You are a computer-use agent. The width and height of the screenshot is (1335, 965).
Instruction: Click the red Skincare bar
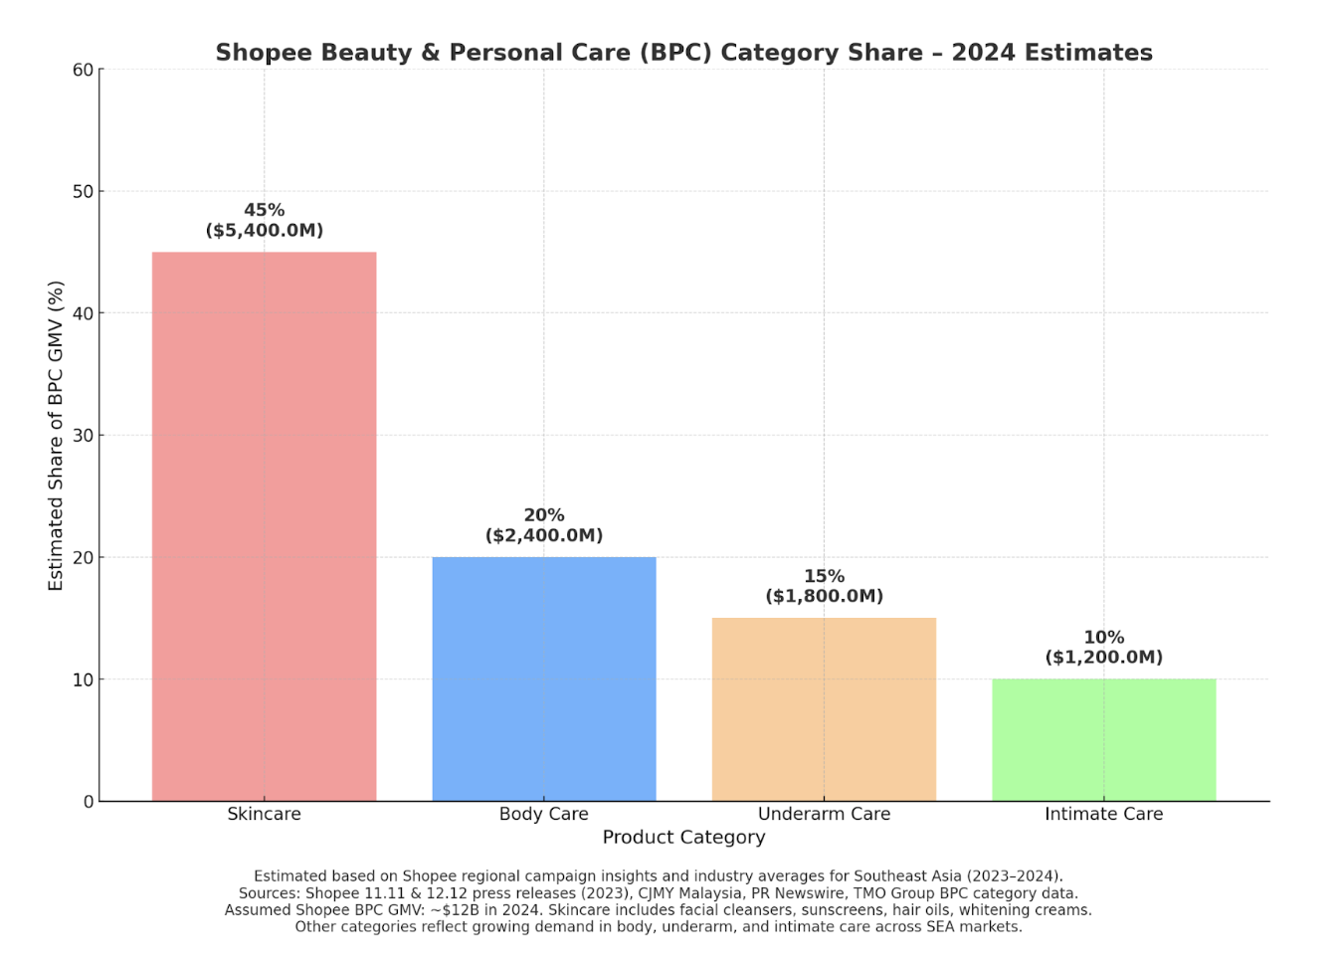click(264, 526)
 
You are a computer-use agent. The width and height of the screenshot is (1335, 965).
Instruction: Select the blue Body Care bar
click(544, 678)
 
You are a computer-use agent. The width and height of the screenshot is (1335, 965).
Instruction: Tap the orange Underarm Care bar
click(824, 709)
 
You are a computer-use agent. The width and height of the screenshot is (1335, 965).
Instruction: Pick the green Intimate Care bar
click(1103, 740)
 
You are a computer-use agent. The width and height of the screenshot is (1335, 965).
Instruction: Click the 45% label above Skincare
click(265, 210)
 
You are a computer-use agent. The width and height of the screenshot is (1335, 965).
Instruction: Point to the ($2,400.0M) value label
click(544, 535)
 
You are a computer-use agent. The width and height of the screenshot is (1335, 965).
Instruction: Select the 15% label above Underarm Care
click(824, 576)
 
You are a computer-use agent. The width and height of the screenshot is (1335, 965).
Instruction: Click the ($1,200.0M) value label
click(1103, 657)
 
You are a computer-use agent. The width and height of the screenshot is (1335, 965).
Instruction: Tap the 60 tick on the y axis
click(84, 70)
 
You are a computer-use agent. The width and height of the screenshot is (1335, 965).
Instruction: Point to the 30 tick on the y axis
click(84, 436)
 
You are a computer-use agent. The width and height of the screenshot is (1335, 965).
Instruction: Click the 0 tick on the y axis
click(89, 802)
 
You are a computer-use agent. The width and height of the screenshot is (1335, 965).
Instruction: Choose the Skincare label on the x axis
click(264, 814)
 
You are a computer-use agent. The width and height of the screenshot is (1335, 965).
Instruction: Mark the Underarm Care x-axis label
click(824, 814)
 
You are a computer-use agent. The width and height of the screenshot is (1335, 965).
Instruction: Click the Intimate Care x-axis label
click(1103, 814)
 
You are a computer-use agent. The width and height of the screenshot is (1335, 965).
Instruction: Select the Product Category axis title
click(683, 838)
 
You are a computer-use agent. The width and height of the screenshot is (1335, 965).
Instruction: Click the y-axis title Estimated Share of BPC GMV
click(56, 436)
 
